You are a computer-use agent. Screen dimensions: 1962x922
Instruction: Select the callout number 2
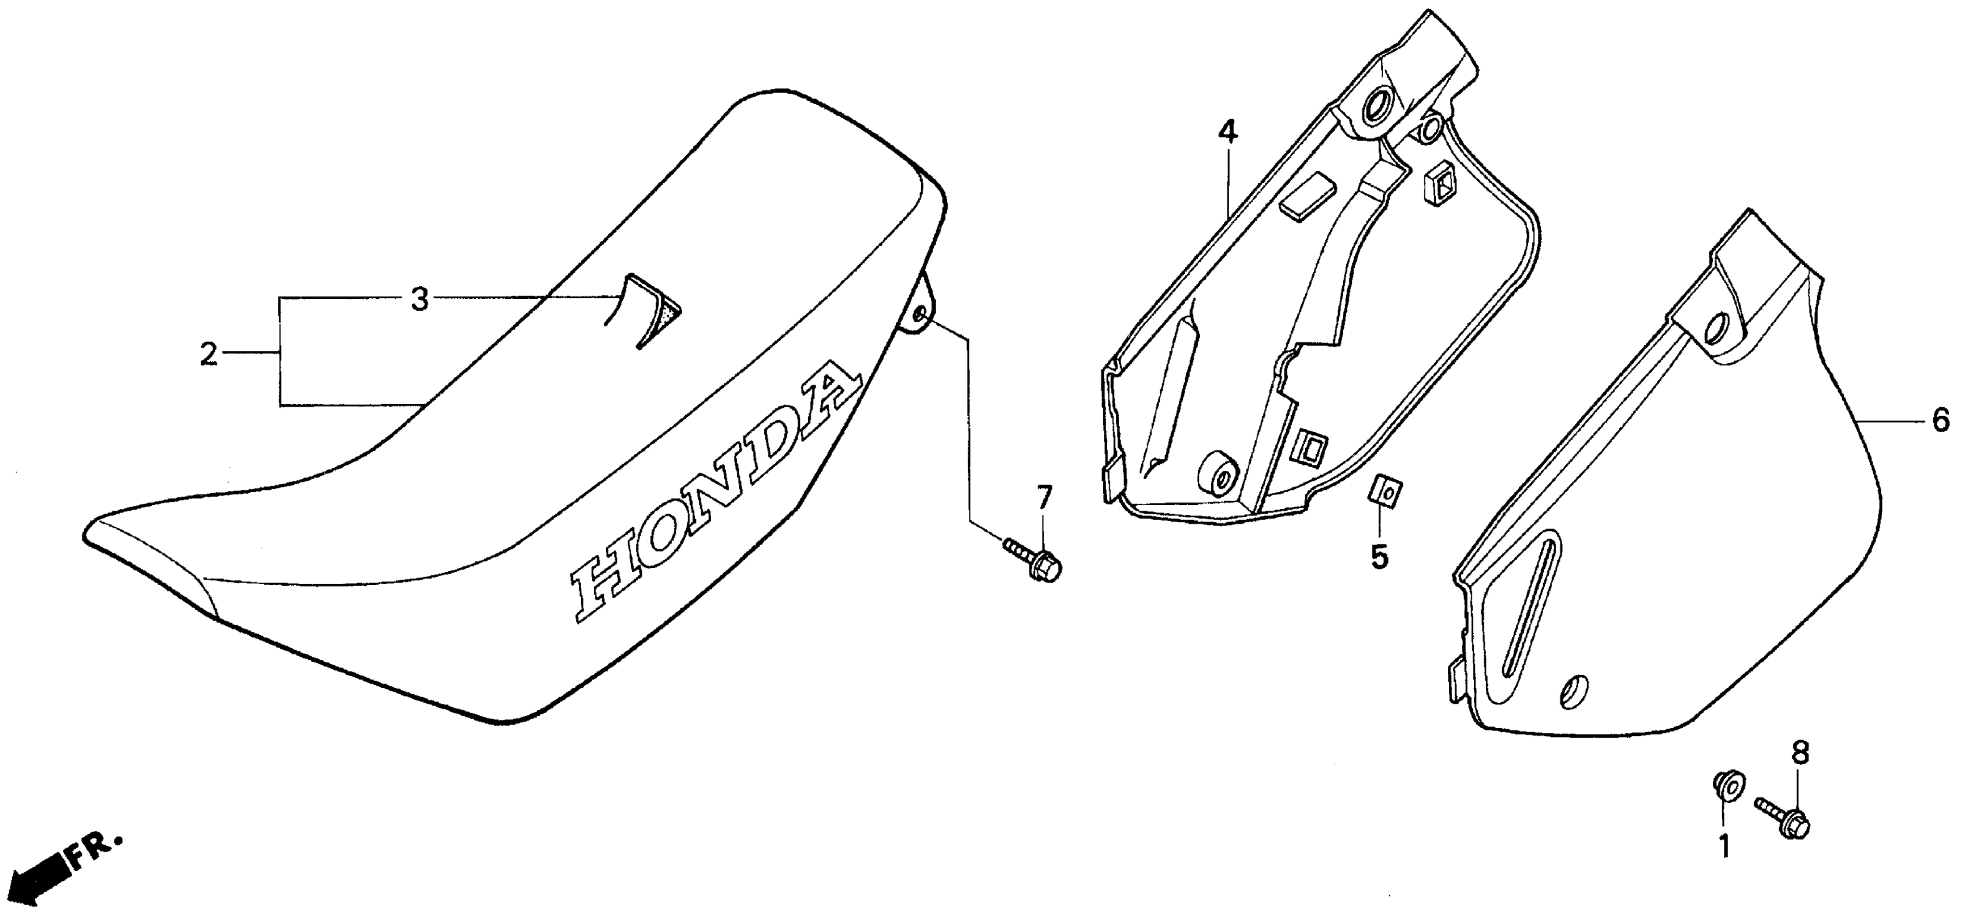(208, 354)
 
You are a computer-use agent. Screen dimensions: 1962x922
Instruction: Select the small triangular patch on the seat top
(659, 313)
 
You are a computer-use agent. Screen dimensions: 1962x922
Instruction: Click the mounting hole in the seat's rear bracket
(918, 315)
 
